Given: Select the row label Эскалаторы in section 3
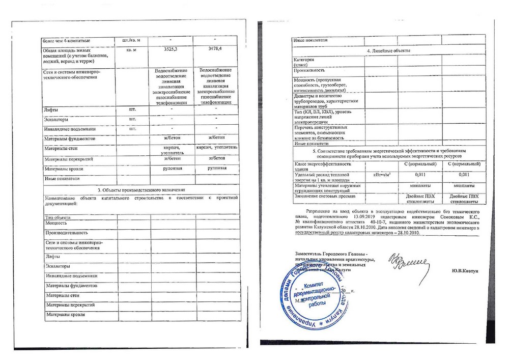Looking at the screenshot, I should point(57,266).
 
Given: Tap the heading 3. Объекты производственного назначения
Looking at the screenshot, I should point(141,189).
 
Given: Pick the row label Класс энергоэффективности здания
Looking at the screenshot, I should point(322,167).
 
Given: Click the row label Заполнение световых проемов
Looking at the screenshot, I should point(326,196).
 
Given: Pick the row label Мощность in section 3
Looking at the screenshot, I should point(56,223).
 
